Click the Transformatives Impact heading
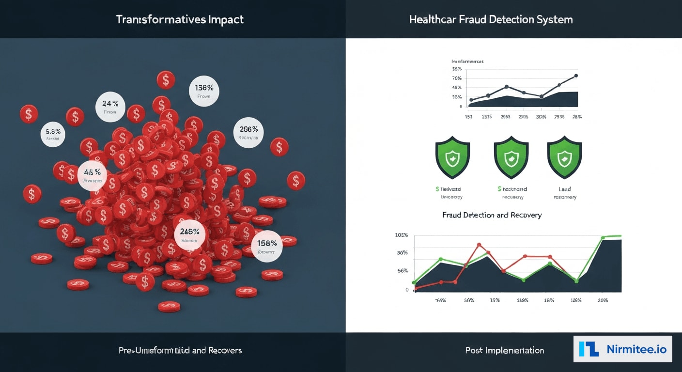180,20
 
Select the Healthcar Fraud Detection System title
491,20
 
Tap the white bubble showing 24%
110,106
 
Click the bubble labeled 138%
204,91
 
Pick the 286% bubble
248,133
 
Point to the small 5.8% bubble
53,134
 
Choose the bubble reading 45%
92,175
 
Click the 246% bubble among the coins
189,234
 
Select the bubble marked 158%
267,246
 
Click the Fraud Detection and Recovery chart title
492,215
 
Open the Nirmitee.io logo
623,349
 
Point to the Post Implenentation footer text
504,350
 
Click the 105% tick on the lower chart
402,235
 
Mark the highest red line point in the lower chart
479,245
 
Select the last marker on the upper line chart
576,76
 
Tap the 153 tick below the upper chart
468,117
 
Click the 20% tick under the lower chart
602,300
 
